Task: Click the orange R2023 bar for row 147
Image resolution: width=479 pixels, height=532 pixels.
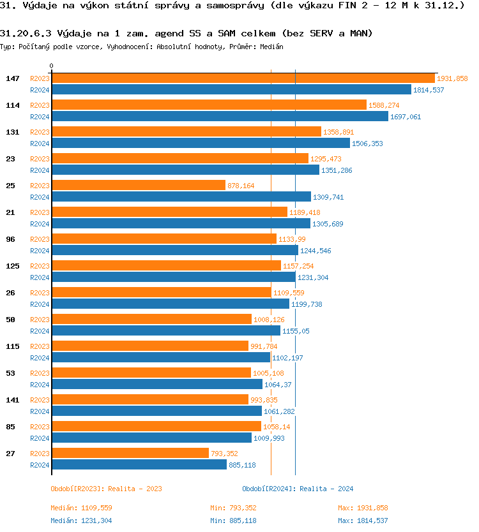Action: coord(243,78)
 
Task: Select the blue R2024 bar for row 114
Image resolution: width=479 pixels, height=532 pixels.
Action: coord(220,117)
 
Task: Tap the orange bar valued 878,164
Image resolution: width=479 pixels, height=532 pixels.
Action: coord(139,186)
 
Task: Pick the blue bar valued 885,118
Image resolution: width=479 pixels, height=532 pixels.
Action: coord(139,465)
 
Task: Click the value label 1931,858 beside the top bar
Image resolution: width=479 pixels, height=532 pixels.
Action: coord(452,78)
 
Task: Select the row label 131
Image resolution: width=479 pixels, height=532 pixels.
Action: coord(12,132)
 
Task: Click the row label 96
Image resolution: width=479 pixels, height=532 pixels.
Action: coord(10,239)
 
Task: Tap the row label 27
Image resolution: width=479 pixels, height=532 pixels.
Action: coord(10,454)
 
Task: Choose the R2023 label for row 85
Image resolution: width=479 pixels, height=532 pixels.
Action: coord(40,427)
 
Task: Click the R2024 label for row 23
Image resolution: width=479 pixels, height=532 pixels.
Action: coord(40,170)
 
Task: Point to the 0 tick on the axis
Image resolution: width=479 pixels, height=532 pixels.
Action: coord(52,66)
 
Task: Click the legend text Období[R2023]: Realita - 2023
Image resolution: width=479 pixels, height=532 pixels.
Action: coord(106,489)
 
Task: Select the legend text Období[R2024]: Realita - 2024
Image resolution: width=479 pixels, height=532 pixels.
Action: coord(298,489)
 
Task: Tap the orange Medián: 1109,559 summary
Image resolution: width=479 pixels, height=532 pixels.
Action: coord(81,508)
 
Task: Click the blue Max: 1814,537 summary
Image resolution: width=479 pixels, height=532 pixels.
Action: coord(363,521)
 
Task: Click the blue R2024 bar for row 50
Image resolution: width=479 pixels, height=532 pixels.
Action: coord(166,331)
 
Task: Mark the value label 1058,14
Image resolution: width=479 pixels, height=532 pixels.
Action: coord(277,427)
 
